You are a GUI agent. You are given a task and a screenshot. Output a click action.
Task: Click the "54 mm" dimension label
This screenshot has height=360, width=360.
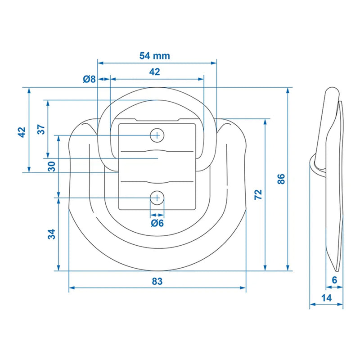tap(154, 56)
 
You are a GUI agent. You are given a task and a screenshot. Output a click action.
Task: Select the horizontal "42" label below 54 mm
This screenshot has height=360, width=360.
tap(154, 72)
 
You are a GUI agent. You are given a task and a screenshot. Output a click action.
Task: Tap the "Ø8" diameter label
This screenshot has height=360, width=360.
tap(89, 79)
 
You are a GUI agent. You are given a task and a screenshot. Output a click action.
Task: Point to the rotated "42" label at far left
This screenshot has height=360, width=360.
tap(21, 132)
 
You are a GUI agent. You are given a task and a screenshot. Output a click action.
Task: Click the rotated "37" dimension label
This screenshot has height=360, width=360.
tap(41, 130)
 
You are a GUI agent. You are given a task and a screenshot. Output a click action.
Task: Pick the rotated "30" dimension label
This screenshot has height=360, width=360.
tap(52, 166)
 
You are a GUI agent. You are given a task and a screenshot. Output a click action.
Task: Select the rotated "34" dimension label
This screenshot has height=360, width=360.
tap(52, 234)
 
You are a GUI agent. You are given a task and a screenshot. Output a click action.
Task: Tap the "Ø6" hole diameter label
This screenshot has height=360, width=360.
tap(157, 223)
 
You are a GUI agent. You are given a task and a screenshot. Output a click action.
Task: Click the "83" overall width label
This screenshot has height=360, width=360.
tap(157, 282)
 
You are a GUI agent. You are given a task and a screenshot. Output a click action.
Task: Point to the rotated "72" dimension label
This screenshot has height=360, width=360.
tap(258, 194)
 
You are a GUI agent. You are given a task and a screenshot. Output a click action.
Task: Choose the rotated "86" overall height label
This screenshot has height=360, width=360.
tap(282, 179)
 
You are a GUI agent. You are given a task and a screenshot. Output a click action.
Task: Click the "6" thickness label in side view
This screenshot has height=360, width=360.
tap(334, 280)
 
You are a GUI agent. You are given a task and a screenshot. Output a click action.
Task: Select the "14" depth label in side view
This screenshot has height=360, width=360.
tap(327, 297)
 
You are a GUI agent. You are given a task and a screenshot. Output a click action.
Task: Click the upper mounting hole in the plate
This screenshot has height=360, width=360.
tap(157, 135)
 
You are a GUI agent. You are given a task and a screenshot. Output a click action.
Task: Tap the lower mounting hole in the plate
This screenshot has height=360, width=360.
tap(157, 197)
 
